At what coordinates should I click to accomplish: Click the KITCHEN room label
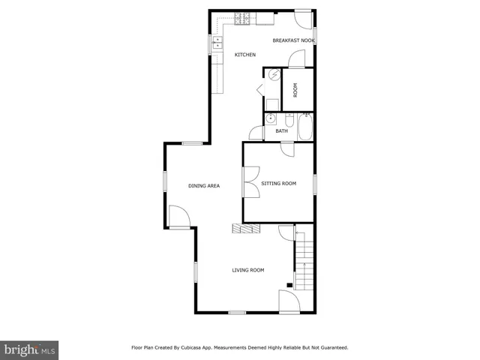coord(245,55)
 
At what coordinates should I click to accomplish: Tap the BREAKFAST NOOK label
coord(293,40)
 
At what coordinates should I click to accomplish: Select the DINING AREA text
coord(203,185)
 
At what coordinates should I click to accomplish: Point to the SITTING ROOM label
coord(278,183)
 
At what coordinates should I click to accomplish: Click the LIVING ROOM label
coord(247,270)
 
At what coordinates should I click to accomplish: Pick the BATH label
coord(281,131)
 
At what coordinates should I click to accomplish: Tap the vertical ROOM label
coord(295,90)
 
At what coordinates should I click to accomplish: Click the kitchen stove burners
coord(244,18)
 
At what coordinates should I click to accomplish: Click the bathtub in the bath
coord(305,127)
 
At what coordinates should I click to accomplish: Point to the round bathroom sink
coord(270,119)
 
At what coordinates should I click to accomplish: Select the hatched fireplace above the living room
coord(246,229)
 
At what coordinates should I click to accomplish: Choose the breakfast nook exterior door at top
coord(303,18)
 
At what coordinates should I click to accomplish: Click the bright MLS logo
coord(29,349)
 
